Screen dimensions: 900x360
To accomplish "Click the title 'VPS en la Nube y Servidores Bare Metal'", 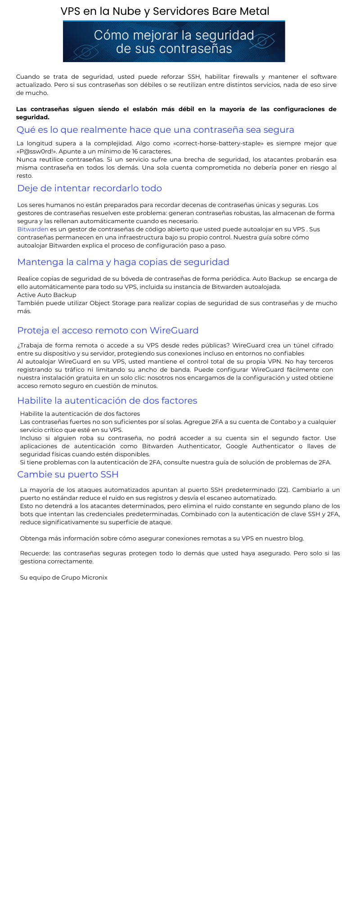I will coord(165,11).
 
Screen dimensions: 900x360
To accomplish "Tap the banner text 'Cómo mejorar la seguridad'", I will coord(174,36).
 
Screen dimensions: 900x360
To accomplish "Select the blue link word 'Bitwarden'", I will coord(32,229).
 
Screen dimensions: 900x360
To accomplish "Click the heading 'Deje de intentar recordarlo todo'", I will coord(90,188).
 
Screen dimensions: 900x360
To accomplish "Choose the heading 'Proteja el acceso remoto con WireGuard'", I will coord(108,330).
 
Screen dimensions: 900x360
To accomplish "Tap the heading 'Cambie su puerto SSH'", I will coord(67,474).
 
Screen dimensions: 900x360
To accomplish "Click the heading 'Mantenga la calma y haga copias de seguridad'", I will coord(123,262).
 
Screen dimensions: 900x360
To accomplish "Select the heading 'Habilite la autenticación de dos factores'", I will coord(107,400).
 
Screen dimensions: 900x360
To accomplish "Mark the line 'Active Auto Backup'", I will coord(47,295).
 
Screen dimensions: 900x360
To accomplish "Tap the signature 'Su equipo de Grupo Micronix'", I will coord(63,577).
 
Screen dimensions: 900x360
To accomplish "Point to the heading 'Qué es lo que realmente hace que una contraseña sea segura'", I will coord(155,130).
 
